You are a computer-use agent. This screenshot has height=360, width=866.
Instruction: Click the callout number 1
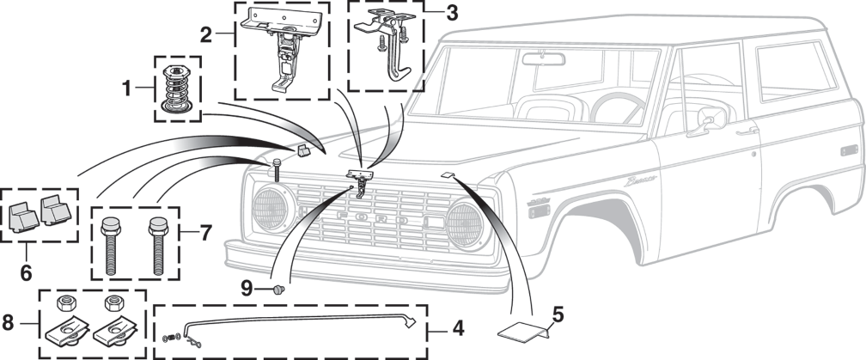coord(127,88)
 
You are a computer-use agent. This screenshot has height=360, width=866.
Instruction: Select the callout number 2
coord(205,35)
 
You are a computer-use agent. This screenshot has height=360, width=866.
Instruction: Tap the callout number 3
coord(452,13)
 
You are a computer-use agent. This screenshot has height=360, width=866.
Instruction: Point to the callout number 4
coord(459,329)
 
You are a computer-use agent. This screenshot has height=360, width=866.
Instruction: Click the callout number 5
coord(558,315)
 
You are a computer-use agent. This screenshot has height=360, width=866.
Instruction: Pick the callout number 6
coord(27,272)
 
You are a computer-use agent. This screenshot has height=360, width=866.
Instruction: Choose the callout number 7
coord(205,233)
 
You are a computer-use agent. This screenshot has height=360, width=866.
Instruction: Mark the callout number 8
coord(8,323)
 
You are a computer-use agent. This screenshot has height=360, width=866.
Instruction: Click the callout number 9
coord(247,287)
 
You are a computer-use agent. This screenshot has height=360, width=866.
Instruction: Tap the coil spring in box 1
coord(177,88)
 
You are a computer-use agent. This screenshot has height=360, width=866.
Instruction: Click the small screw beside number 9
coord(278,289)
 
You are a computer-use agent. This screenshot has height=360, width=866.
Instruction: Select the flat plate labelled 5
coord(523,330)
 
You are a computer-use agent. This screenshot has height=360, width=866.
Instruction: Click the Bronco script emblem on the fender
coord(640,181)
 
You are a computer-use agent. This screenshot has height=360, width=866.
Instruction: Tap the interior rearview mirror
coord(543,58)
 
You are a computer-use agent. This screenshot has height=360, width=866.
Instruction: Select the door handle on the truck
coord(747,131)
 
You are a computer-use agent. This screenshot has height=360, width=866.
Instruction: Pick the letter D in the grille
coord(403,220)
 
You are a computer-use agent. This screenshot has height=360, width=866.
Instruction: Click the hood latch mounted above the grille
coord(359,181)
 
